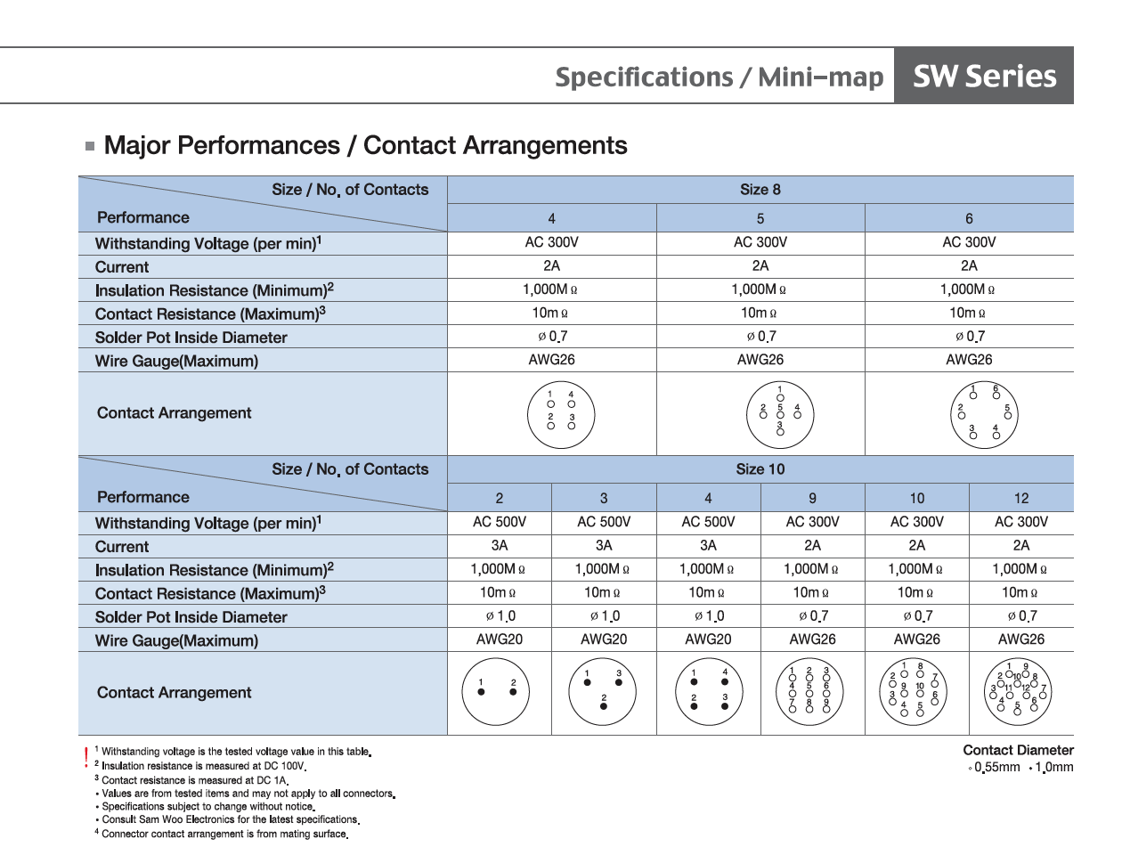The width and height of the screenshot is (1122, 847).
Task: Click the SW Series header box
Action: (x=984, y=77)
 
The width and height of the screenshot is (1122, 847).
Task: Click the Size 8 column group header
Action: (x=760, y=189)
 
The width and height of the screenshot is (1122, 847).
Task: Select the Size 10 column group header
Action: (x=760, y=468)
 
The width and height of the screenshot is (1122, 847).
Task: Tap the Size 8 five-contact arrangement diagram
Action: (x=779, y=411)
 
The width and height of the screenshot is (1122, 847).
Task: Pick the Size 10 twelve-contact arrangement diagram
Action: (x=1020, y=692)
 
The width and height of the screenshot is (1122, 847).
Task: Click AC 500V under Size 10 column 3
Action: (x=603, y=522)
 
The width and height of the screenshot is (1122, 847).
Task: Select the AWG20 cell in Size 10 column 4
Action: (x=708, y=639)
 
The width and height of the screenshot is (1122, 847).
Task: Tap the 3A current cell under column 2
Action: (x=499, y=545)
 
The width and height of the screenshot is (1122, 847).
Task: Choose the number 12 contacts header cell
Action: (x=1020, y=498)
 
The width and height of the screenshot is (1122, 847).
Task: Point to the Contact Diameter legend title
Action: (x=1018, y=750)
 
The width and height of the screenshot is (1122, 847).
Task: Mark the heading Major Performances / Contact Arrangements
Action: (x=365, y=145)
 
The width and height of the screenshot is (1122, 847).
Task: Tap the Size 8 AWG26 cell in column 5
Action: (x=760, y=360)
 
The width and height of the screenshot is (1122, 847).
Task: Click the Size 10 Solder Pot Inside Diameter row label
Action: (x=191, y=616)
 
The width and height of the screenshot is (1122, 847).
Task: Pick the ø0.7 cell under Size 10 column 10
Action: (x=916, y=615)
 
